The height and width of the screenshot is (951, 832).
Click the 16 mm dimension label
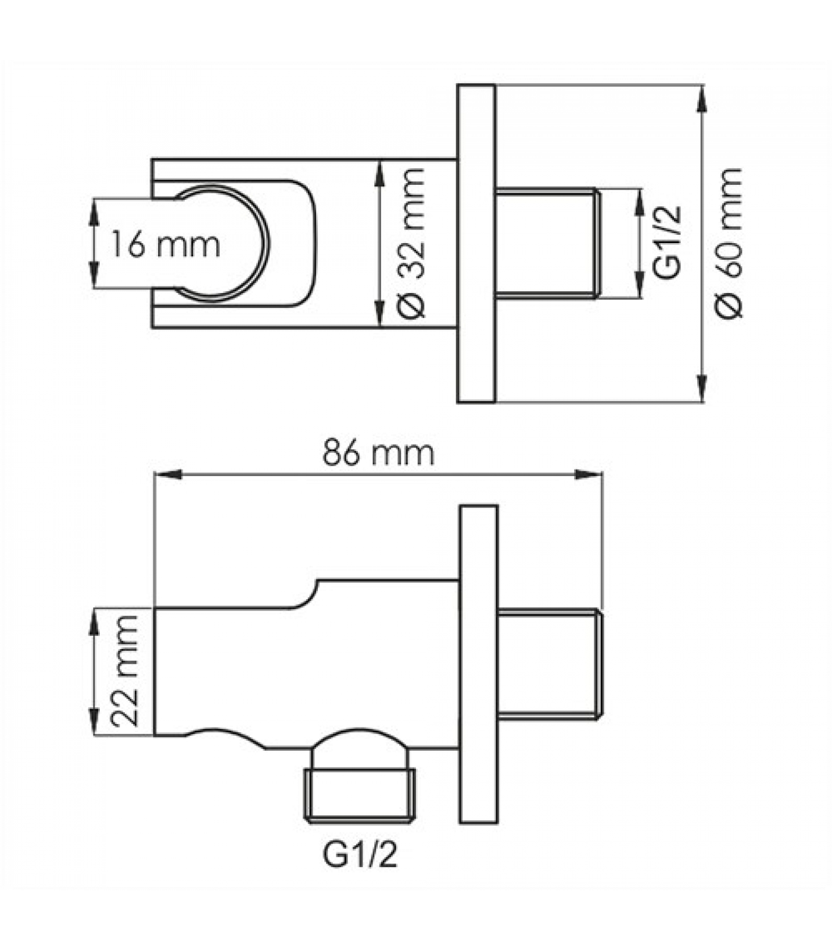tap(165, 245)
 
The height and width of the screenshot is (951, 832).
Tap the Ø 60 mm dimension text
tap(729, 244)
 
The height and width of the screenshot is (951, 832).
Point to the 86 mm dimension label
tap(379, 454)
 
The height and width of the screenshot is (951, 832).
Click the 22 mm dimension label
tap(125, 670)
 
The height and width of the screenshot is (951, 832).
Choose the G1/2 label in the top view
tap(666, 243)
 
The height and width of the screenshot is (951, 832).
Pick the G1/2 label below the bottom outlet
tap(360, 855)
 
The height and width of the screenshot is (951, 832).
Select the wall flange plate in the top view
tap(476, 244)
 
